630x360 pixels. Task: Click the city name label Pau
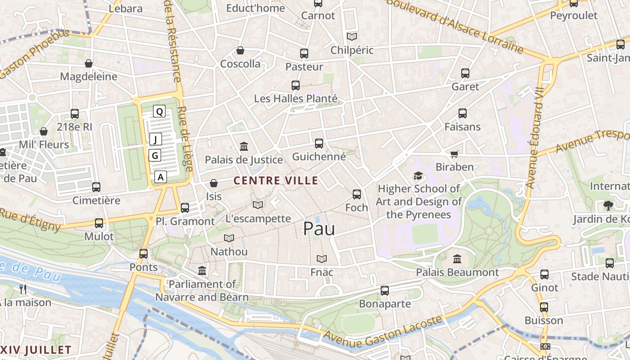coord(319,229)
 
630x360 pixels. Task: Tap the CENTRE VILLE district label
coord(276,181)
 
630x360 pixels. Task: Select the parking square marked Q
coord(159,112)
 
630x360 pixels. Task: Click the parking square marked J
coord(155,139)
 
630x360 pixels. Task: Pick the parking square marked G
coord(155,156)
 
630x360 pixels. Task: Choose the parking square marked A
coord(161,177)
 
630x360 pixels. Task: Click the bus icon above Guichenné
coord(319,144)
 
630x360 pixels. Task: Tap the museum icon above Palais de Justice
coord(244,146)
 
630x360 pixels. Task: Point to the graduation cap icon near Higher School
coord(418,175)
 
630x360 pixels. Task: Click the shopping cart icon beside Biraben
coord(454,154)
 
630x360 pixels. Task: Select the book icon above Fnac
coord(321,259)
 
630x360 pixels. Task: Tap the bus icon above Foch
coord(357,194)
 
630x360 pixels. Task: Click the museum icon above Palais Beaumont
coord(457,259)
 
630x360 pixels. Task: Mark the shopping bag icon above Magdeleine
coord(89,63)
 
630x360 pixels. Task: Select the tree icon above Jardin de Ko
coord(608,206)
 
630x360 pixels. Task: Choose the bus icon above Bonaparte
coord(384,291)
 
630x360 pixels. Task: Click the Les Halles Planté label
coord(296,98)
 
